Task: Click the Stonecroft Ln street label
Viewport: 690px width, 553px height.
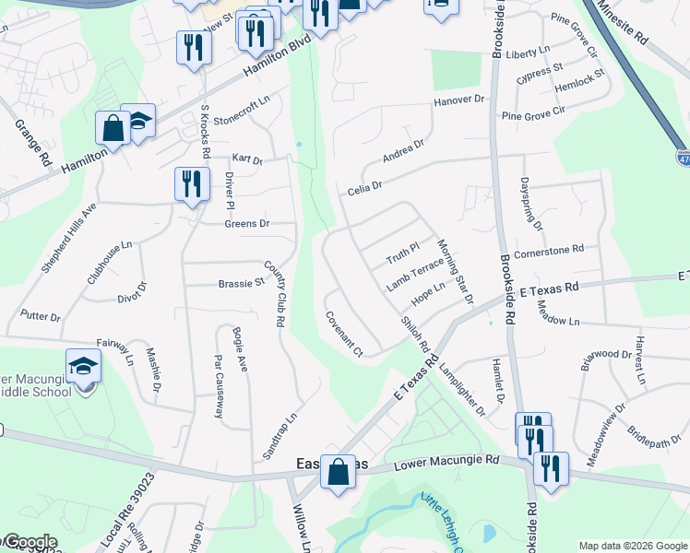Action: point(242,114)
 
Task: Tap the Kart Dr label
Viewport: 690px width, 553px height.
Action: point(247,159)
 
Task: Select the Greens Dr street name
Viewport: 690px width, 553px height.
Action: point(246,223)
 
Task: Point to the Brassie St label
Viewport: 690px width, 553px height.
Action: point(242,283)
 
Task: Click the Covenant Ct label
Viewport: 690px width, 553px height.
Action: point(344,333)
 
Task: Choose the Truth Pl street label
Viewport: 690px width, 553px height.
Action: point(402,251)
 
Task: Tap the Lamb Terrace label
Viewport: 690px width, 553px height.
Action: point(415,274)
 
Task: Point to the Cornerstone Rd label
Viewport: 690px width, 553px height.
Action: point(549,249)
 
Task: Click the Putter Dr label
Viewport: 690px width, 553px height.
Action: point(40,316)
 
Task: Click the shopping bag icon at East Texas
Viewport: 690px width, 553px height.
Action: point(339,472)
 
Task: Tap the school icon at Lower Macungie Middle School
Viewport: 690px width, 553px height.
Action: point(83,367)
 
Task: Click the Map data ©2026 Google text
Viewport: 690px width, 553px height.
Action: point(632,546)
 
